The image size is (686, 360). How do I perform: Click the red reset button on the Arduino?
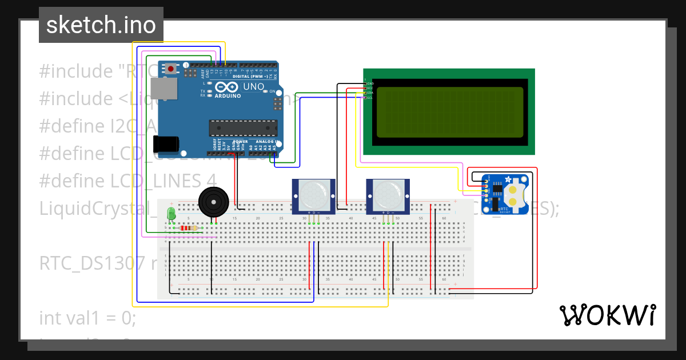tap(170, 69)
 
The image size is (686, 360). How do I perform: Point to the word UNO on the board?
tap(254, 87)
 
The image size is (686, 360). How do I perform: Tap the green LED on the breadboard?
tap(170, 214)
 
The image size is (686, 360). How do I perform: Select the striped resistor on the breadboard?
tap(189, 228)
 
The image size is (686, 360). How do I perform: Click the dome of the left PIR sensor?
tap(313, 194)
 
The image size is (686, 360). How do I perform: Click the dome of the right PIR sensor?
tap(387, 194)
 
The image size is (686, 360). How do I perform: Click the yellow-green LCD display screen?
tap(449, 112)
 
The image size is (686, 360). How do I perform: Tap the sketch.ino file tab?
tap(101, 25)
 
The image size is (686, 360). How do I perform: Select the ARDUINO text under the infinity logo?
tap(228, 97)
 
